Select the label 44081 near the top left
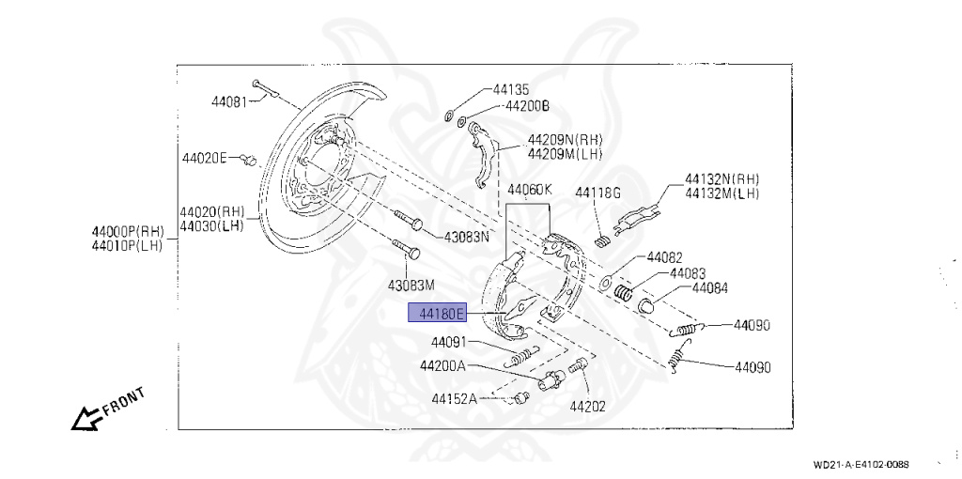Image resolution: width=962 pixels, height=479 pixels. (x=228, y=101)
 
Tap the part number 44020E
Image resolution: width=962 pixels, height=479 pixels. (x=204, y=158)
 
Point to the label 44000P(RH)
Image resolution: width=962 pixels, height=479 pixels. (x=128, y=231)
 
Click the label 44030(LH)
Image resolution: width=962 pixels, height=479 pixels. (x=212, y=225)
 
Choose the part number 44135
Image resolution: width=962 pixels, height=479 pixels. (x=510, y=90)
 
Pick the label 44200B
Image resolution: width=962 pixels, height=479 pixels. (x=527, y=106)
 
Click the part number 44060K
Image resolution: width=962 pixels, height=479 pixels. (x=530, y=190)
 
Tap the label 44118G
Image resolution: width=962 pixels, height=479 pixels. (x=598, y=193)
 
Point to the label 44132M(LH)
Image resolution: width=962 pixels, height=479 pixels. (x=721, y=193)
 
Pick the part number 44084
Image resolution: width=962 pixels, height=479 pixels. (x=710, y=288)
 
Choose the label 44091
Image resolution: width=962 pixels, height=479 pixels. (x=449, y=342)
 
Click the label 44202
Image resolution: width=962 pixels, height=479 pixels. (x=587, y=407)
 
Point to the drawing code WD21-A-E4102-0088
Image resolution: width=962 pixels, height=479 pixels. (x=861, y=464)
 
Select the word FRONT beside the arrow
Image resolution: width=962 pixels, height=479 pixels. (x=123, y=402)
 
